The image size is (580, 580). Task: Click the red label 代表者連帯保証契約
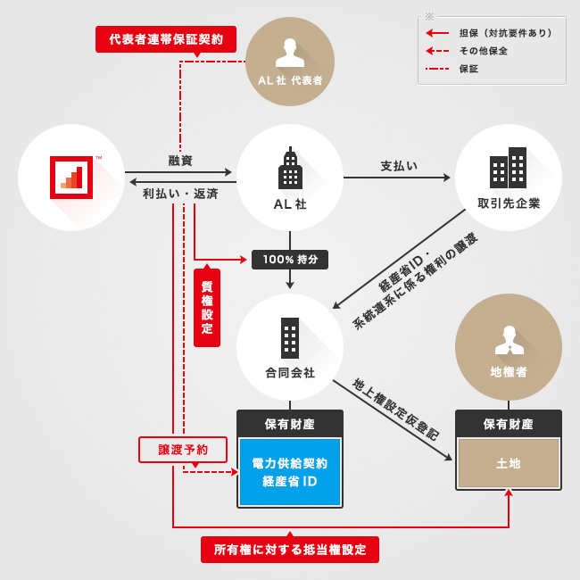pyautogui.click(x=166, y=39)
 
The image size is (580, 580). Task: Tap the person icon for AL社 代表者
pyautogui.click(x=290, y=53)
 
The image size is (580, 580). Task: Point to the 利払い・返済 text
pyautogui.click(x=180, y=193)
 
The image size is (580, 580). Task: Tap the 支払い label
pyautogui.click(x=399, y=166)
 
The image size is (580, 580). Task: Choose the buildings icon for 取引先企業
pyautogui.click(x=508, y=168)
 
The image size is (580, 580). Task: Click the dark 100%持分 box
pyautogui.click(x=290, y=260)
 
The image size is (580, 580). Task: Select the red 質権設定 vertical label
pyautogui.click(x=207, y=308)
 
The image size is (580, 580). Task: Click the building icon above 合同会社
pyautogui.click(x=290, y=338)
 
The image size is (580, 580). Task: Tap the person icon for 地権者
pyautogui.click(x=509, y=340)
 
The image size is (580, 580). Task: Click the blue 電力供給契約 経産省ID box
pyautogui.click(x=290, y=472)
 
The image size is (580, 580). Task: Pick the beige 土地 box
pyautogui.click(x=509, y=464)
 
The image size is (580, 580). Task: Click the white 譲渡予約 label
pyautogui.click(x=183, y=450)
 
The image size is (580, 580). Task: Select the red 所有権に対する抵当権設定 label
pyautogui.click(x=290, y=550)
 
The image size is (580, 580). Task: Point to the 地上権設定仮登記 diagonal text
pyautogui.click(x=395, y=409)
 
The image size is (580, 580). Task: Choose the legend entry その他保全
pyautogui.click(x=486, y=51)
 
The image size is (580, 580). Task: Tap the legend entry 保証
pyautogui.click(x=468, y=69)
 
